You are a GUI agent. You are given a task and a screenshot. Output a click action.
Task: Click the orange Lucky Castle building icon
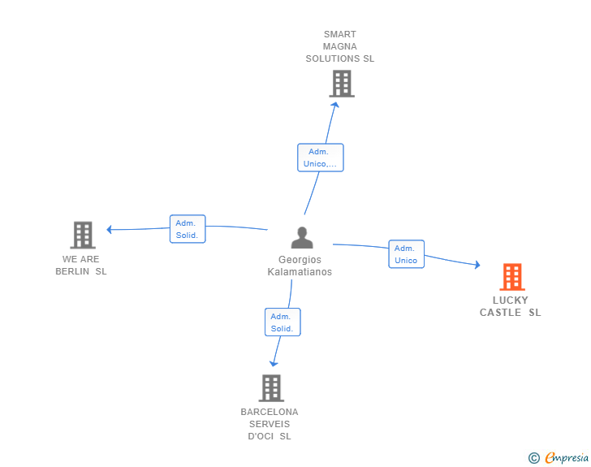[x=511, y=276]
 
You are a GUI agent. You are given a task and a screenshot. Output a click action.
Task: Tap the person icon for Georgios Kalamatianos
[x=302, y=237]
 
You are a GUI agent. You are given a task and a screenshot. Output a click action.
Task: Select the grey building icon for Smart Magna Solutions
[x=342, y=84]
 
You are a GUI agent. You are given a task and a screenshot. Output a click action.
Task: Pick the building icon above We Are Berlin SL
[x=83, y=235]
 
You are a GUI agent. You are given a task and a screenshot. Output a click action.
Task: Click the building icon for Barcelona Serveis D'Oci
[x=271, y=387]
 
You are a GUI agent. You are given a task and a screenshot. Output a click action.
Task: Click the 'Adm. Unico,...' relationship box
[x=321, y=158]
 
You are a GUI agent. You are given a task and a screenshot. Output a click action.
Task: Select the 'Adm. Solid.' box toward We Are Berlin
[x=188, y=229]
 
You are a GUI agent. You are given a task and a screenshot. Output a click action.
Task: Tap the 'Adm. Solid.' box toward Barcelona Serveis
[x=283, y=322]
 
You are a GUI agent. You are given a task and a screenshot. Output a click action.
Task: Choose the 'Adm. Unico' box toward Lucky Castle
[x=406, y=254]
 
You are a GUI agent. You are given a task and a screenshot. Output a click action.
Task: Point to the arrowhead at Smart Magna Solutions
[x=335, y=105]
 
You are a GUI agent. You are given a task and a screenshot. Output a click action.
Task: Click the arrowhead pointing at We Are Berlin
[x=109, y=229]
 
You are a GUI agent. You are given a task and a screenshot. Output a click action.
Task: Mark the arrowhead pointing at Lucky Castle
[x=477, y=265]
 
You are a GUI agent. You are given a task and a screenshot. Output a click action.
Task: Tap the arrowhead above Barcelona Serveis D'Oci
[x=274, y=364]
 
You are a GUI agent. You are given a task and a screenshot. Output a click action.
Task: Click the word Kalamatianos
[x=300, y=272]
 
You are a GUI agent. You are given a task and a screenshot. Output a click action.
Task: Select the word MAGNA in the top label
[x=340, y=46]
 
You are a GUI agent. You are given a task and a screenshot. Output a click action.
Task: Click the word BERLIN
[x=72, y=271]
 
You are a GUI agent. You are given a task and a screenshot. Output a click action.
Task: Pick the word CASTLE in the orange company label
[x=500, y=313]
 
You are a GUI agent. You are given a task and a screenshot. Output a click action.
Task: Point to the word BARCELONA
[x=270, y=412]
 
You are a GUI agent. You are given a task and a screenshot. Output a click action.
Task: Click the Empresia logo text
[x=567, y=457]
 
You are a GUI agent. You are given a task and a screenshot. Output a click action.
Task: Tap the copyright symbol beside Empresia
[x=534, y=458]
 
